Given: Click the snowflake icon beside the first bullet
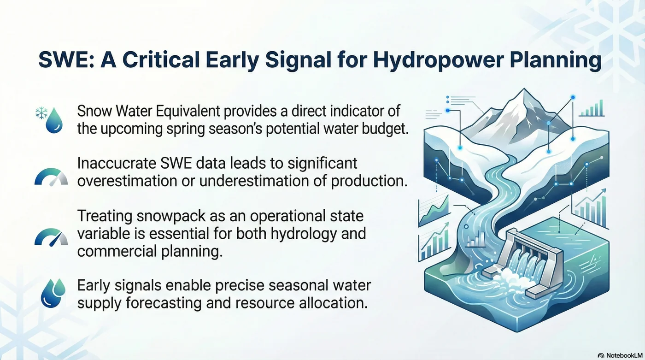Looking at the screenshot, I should [41, 113].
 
